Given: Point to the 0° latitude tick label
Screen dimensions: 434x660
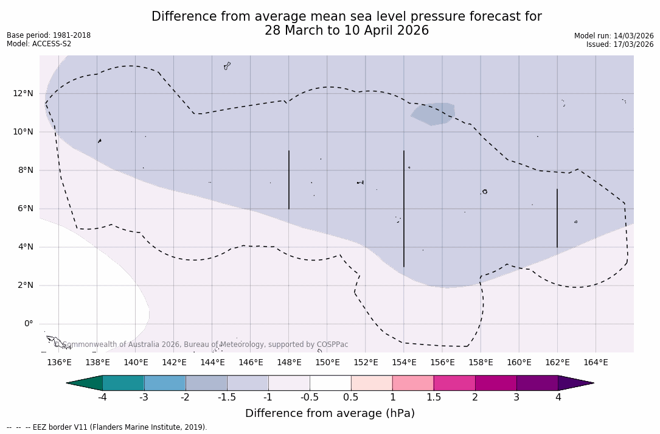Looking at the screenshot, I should click(x=28, y=324).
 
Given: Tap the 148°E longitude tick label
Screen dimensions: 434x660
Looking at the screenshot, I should click(x=289, y=363).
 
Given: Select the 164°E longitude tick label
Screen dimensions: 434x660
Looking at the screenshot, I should click(x=596, y=363).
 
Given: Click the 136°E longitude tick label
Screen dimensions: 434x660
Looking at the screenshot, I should click(x=59, y=363).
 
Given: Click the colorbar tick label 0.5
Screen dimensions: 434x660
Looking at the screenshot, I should click(x=351, y=397).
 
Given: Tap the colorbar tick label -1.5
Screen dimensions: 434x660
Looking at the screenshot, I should click(x=227, y=397).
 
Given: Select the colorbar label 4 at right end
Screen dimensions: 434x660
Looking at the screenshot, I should click(x=558, y=397).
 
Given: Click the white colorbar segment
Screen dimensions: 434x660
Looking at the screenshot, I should click(x=330, y=383).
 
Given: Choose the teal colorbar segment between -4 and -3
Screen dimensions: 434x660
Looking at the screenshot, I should click(x=123, y=383).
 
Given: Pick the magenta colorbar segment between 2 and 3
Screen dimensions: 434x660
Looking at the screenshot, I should click(x=496, y=383).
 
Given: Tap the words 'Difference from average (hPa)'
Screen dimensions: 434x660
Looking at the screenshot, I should click(x=330, y=414).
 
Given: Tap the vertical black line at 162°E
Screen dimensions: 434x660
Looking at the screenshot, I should click(x=557, y=218).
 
